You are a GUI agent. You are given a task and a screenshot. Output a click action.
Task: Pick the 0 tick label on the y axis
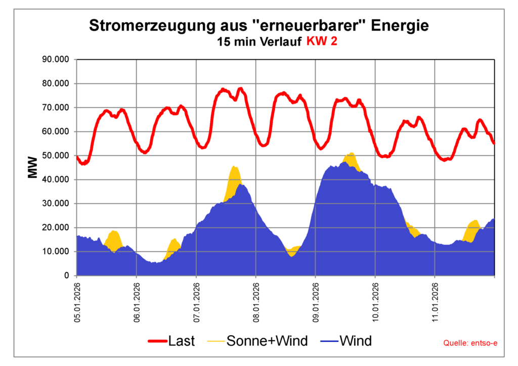click(x=66, y=276)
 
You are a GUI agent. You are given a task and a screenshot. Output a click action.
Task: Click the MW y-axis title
click(x=32, y=167)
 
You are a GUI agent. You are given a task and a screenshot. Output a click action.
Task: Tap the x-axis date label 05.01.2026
click(x=77, y=302)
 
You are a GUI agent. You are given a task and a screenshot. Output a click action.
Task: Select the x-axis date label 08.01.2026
click(x=256, y=302)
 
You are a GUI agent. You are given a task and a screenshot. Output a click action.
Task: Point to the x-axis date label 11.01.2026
click(x=435, y=302)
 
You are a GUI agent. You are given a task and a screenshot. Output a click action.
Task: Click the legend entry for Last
click(x=172, y=341)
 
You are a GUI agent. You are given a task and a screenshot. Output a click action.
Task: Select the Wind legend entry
click(x=346, y=341)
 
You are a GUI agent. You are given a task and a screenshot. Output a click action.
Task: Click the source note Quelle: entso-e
click(x=470, y=343)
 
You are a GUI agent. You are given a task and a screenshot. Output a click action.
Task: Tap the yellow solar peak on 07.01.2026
click(x=234, y=174)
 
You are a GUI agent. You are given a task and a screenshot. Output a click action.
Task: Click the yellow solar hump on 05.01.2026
click(x=114, y=238)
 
